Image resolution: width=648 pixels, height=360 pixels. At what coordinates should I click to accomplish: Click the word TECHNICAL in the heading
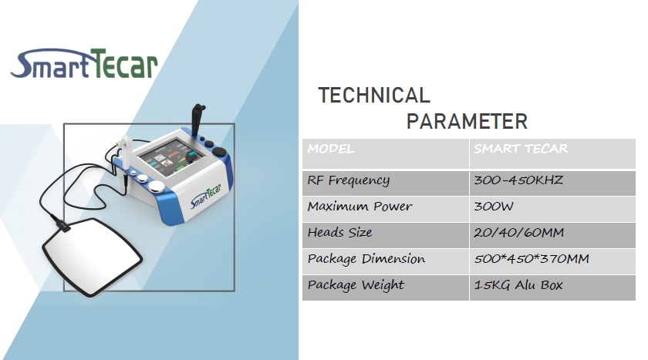click(x=374, y=96)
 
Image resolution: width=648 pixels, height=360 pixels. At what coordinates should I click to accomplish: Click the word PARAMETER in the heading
click(x=467, y=121)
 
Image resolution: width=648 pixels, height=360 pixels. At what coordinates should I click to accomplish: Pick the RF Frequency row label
click(x=349, y=181)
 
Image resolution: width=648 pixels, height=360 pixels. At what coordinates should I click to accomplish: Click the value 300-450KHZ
click(x=518, y=180)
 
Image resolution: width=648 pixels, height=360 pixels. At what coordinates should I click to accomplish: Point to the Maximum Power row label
click(x=359, y=206)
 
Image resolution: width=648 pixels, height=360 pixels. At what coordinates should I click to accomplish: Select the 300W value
click(x=494, y=206)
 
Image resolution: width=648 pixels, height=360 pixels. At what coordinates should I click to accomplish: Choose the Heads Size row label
click(x=339, y=233)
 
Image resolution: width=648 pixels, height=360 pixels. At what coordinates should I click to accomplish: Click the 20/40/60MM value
click(x=518, y=233)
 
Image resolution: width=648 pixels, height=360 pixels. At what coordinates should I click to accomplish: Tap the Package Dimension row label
click(x=366, y=259)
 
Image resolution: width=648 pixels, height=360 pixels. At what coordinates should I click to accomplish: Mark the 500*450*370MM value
click(x=532, y=259)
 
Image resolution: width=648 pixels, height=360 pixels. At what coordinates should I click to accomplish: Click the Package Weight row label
click(x=356, y=286)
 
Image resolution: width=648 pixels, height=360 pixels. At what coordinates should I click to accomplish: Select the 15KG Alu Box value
click(x=518, y=285)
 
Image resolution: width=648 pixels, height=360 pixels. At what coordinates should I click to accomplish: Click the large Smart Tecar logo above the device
click(x=84, y=63)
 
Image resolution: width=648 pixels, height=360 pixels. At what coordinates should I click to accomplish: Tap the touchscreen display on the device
click(x=172, y=158)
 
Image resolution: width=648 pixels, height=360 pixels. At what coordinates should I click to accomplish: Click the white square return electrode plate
click(x=93, y=257)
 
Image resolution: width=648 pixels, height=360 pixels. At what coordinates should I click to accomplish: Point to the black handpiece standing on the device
click(x=197, y=119)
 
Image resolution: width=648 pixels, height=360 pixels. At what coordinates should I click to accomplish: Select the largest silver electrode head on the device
click(x=157, y=187)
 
